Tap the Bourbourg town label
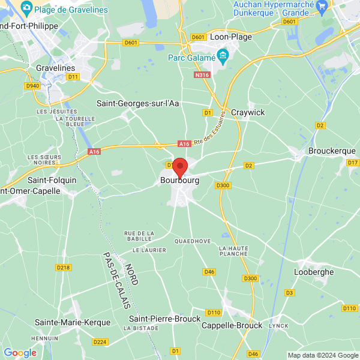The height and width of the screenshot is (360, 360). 180,180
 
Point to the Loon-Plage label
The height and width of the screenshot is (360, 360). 231,37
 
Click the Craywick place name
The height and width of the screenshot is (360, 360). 248,112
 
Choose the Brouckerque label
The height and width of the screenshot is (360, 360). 332,151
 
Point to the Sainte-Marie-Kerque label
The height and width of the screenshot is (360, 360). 73,322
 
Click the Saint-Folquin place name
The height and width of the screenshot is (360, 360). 52,179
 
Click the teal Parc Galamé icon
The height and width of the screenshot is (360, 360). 223,58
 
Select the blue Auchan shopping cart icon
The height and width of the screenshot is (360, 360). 322,6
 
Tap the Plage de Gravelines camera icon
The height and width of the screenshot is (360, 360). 26,7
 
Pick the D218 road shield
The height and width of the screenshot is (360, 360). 63,267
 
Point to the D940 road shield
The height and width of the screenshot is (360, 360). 32,86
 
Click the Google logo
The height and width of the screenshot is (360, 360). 20,353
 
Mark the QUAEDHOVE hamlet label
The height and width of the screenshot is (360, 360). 193,241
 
